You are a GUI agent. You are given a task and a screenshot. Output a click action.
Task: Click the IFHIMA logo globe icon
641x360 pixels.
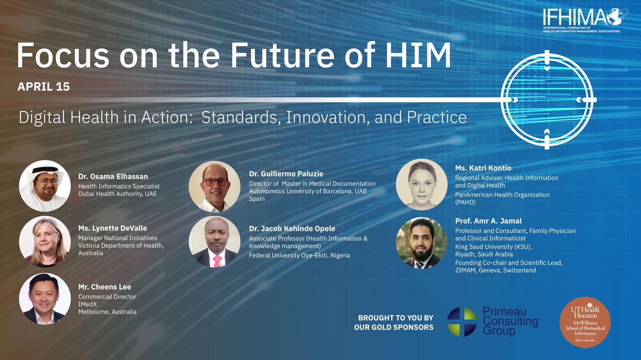click(x=617, y=17)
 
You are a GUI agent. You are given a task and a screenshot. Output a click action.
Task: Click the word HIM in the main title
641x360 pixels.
click(x=418, y=55)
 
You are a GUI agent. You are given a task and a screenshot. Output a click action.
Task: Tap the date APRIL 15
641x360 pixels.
click(x=44, y=87)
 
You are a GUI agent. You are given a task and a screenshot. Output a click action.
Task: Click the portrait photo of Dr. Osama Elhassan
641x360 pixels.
click(x=44, y=186)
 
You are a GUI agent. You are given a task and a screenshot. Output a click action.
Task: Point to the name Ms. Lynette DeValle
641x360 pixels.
click(x=113, y=228)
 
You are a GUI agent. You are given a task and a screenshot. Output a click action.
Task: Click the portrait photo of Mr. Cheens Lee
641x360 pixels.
click(x=44, y=299)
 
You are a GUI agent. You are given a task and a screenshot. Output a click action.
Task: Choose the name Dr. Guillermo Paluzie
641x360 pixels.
click(x=286, y=174)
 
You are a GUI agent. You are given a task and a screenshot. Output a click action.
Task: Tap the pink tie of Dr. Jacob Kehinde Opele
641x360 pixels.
click(x=217, y=261)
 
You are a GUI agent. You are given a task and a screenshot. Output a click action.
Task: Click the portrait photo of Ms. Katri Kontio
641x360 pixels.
click(x=421, y=184)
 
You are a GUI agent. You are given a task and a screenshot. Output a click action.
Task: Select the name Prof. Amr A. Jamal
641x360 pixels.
click(x=488, y=221)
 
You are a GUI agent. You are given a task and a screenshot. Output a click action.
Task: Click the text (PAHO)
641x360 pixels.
click(x=465, y=202)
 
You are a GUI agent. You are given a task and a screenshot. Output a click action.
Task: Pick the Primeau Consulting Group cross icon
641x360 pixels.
click(x=462, y=322)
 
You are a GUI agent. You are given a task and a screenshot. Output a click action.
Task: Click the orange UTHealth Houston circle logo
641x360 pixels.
click(x=585, y=322)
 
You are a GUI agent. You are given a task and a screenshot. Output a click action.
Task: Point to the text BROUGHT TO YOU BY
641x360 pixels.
click(x=396, y=318)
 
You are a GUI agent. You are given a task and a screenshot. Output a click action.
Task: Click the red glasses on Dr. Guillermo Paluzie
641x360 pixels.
click(x=216, y=181)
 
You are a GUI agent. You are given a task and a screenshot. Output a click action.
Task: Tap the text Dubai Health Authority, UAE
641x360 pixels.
click(x=118, y=194)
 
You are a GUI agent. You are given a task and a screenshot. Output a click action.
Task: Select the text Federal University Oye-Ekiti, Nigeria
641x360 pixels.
click(x=300, y=255)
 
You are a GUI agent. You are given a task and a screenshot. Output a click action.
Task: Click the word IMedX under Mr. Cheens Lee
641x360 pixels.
click(x=88, y=304)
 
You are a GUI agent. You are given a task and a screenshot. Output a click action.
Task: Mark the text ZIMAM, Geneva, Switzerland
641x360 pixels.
click(x=496, y=270)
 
